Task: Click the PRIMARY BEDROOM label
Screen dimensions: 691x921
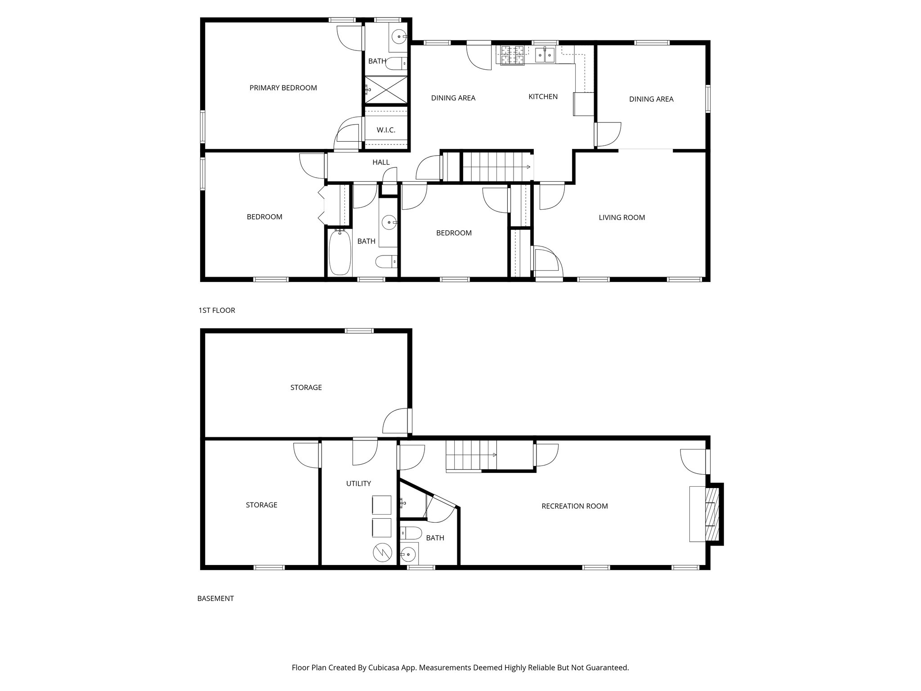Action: click(283, 88)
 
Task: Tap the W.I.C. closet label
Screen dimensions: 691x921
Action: click(386, 130)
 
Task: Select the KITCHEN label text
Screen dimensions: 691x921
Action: click(543, 96)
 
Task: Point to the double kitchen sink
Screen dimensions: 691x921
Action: click(545, 54)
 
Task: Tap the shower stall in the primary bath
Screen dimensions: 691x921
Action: click(386, 90)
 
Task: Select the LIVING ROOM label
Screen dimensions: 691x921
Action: click(621, 217)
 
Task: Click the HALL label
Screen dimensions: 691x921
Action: click(381, 162)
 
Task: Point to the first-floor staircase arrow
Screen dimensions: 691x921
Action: click(529, 167)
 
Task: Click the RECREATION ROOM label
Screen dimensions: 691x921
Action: click(574, 506)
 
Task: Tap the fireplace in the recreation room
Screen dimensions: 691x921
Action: click(712, 514)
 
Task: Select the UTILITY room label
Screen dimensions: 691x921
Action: click(358, 484)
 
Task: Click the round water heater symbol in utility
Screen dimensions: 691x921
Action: click(382, 553)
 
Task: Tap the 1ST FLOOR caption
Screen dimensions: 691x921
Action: click(217, 310)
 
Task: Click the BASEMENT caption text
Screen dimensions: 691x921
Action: click(215, 599)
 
